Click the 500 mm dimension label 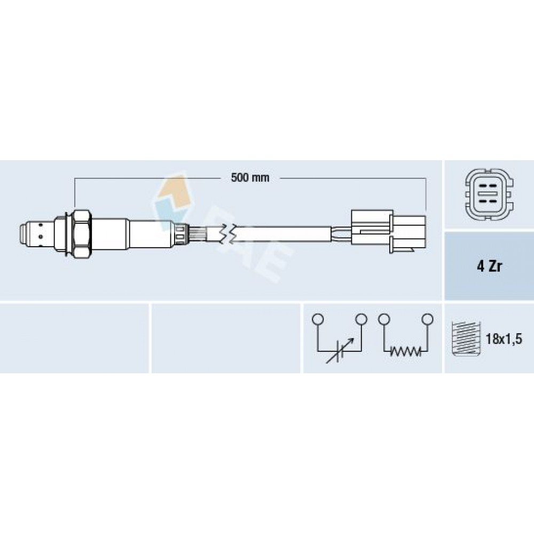[x=250, y=177]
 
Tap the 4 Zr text [x=489, y=266]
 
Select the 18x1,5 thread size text [x=504, y=339]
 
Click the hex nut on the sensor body [x=82, y=234]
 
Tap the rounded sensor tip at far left [x=24, y=234]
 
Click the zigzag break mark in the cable [x=227, y=234]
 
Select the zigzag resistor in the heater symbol [x=405, y=351]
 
